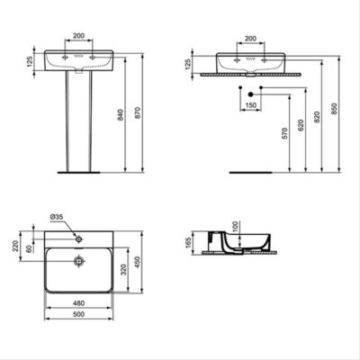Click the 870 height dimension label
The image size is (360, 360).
(x=138, y=112)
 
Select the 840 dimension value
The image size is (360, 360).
(x=120, y=115)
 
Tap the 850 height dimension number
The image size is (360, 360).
(x=334, y=109)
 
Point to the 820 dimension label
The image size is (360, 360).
(x=317, y=117)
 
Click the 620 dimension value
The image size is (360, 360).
(x=301, y=125)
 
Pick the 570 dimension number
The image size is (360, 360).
(x=284, y=133)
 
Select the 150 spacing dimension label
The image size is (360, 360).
(x=251, y=105)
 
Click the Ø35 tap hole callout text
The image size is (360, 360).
(x=57, y=217)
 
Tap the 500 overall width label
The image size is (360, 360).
(x=78, y=314)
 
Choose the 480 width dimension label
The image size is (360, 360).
(x=78, y=303)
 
